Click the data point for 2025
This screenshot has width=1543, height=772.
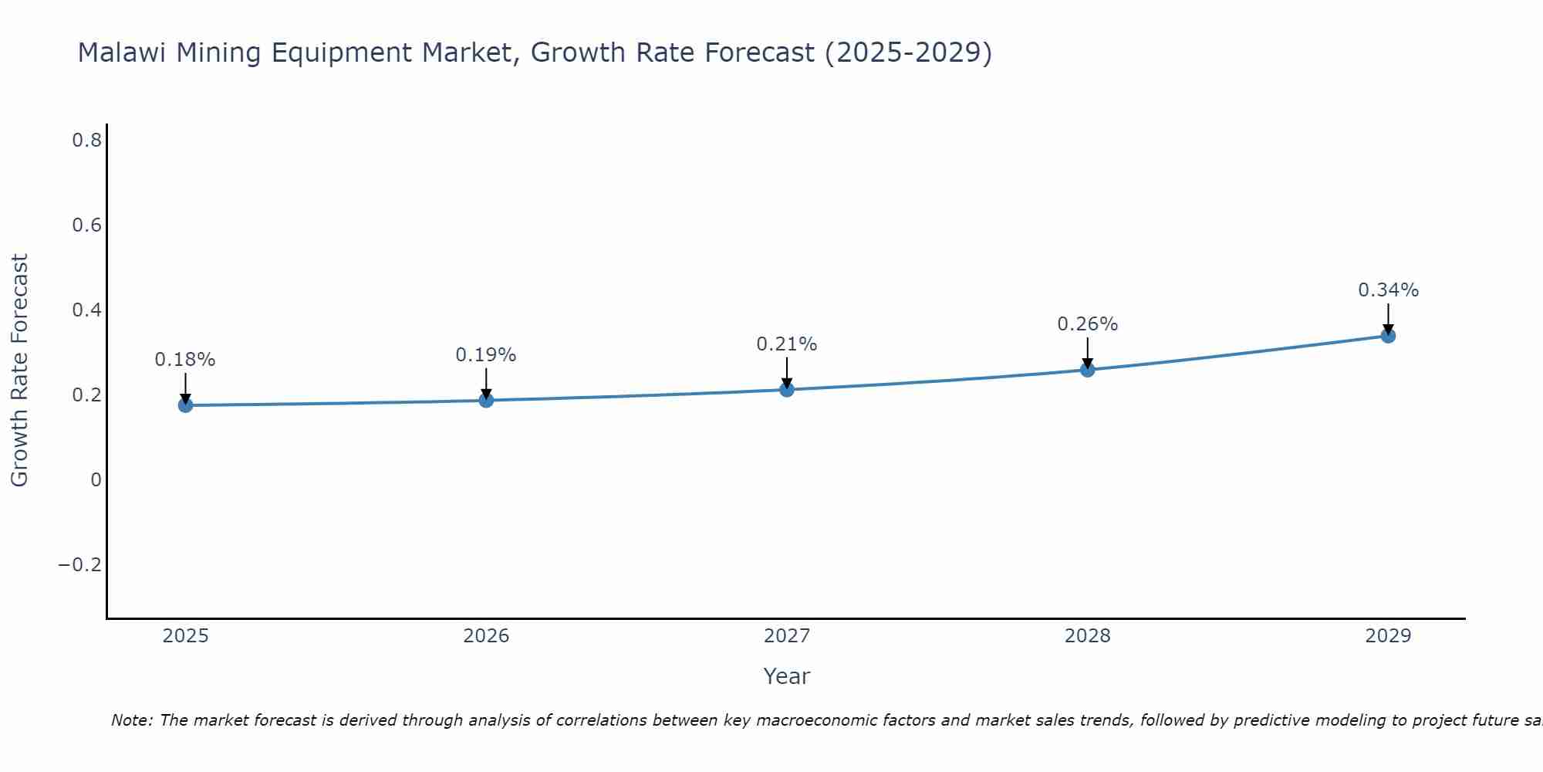(185, 405)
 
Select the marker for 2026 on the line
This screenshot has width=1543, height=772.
(486, 400)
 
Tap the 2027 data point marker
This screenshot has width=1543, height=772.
(787, 390)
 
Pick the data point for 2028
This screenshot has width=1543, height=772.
(1087, 370)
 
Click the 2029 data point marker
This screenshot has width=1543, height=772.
(1388, 336)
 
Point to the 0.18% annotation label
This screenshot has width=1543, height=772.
(185, 360)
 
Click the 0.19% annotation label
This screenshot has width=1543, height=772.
(486, 355)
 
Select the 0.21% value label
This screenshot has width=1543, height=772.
(787, 344)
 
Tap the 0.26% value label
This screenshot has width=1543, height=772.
(1087, 324)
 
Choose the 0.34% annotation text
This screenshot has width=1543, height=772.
(1388, 290)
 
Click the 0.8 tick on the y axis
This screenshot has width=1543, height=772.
(86, 141)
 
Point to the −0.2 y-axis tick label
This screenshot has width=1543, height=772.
(80, 565)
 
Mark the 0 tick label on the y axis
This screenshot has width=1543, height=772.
(96, 480)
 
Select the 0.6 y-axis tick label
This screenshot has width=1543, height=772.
(86, 225)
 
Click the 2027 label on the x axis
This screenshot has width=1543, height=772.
(787, 636)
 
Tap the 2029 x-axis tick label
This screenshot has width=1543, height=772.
(1388, 636)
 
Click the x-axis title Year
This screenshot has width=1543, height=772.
(787, 676)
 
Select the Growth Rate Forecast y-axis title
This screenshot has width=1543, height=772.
(20, 371)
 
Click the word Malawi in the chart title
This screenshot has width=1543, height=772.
(123, 53)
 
